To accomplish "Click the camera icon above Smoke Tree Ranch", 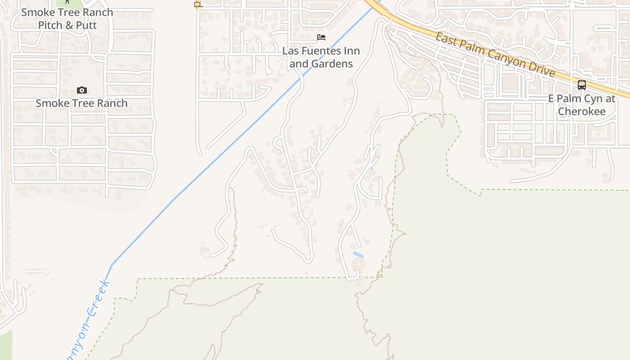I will [x=81, y=90].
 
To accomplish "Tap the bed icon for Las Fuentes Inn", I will [x=321, y=37].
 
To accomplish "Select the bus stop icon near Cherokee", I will [x=581, y=85].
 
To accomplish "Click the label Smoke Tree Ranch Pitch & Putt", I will [x=67, y=18].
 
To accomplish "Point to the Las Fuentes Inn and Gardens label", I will [x=321, y=57].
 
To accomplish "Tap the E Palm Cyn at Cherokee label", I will [x=581, y=105].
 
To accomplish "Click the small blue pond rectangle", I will [x=358, y=255].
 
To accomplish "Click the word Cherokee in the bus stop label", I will [x=581, y=111].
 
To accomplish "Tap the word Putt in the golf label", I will [x=86, y=25].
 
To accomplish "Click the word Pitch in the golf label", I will [x=49, y=25].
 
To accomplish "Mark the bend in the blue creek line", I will [x=112, y=264].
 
